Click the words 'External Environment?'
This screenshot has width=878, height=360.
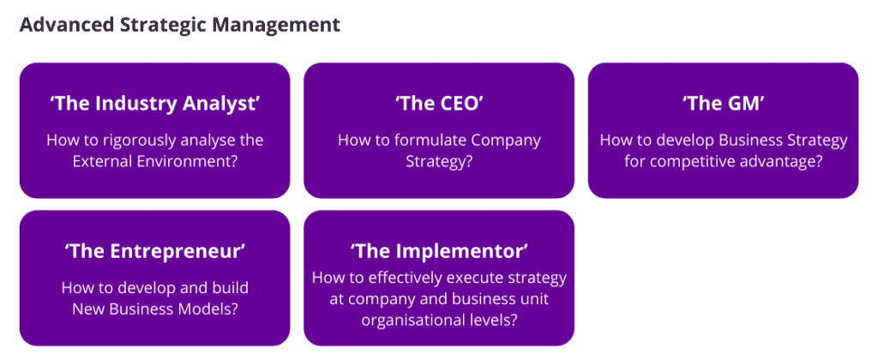pos(154,162)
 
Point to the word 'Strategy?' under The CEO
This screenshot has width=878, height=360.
pos(439,162)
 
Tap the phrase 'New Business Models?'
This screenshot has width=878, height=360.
pos(154,309)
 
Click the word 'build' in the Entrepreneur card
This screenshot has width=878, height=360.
pos(230,288)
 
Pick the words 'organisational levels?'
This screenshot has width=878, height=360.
pos(439,321)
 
